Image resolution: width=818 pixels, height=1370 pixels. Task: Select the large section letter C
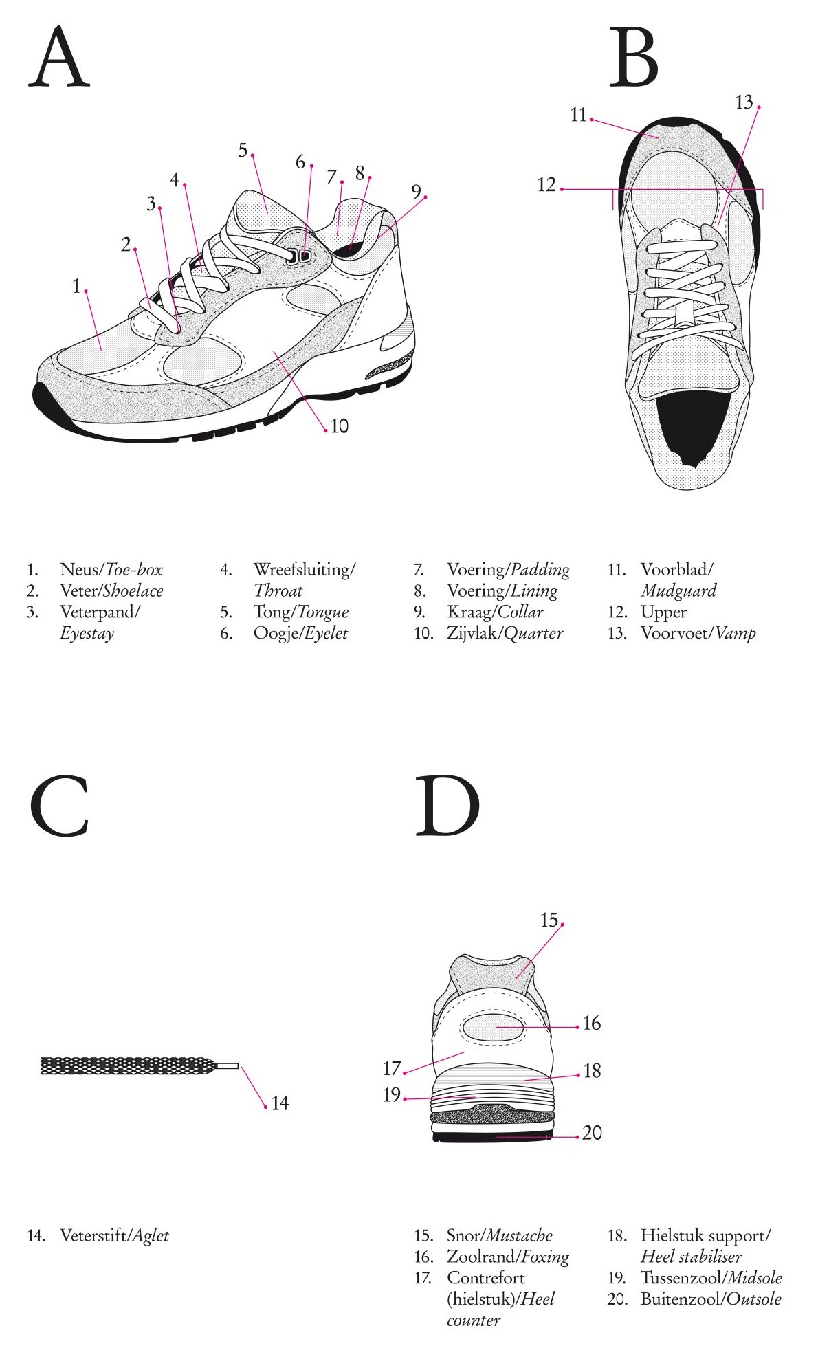tap(60, 805)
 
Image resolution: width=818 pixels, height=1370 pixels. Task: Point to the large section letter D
tap(447, 805)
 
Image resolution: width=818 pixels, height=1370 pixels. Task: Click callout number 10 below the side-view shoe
tap(340, 426)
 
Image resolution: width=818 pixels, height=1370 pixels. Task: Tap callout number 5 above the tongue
tap(243, 151)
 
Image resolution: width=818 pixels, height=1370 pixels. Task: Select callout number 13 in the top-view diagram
tap(744, 102)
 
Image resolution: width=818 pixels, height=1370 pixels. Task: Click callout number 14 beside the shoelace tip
tap(280, 1103)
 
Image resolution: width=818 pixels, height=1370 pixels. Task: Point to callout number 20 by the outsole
tap(592, 1133)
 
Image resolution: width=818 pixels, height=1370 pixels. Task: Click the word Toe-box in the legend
tap(133, 569)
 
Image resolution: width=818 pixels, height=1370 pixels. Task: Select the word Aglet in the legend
tap(150, 1235)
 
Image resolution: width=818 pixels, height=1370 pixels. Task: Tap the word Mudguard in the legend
tap(678, 590)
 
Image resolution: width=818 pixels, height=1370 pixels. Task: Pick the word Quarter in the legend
tap(533, 633)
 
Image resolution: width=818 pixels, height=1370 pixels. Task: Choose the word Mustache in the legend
tap(519, 1235)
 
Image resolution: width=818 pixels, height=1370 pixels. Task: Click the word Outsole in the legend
tap(754, 1299)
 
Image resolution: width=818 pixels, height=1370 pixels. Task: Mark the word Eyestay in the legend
tap(87, 633)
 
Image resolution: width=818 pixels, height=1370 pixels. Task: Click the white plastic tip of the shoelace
tap(228, 1066)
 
